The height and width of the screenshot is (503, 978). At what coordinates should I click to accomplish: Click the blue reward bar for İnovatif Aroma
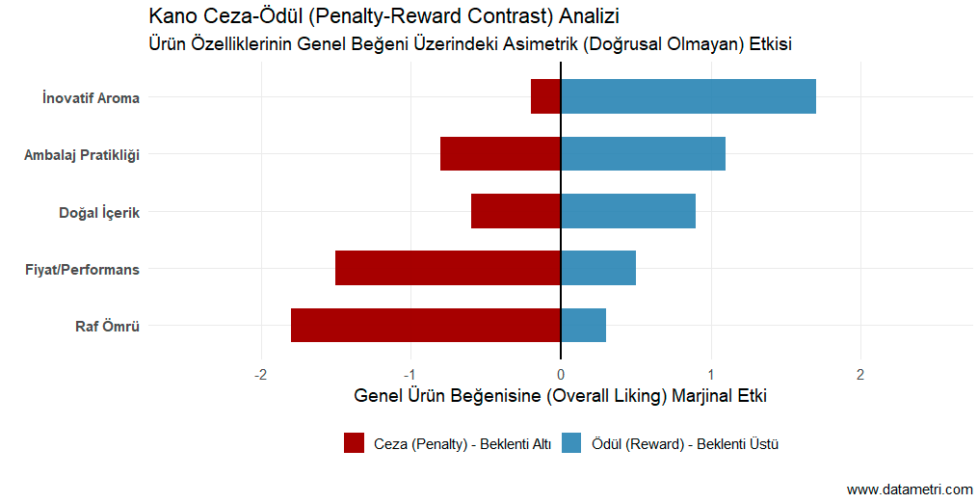[x=688, y=96]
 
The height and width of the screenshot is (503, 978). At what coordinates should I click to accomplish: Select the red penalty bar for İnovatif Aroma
[x=545, y=96]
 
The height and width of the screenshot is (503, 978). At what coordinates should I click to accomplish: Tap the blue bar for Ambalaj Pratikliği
[x=643, y=154]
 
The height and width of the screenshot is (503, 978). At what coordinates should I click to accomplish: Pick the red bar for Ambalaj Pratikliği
[x=500, y=154]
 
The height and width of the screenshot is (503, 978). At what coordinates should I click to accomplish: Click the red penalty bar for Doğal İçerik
[x=515, y=211]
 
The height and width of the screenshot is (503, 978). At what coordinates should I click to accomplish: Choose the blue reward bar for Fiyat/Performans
[x=597, y=268]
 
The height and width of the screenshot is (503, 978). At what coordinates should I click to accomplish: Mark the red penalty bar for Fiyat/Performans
[x=448, y=268]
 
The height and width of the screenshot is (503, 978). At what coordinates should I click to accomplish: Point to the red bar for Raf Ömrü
[x=425, y=326]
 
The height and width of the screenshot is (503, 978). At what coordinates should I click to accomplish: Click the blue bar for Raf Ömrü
[x=583, y=326]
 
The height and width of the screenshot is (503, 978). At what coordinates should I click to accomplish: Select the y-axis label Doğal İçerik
[x=99, y=212]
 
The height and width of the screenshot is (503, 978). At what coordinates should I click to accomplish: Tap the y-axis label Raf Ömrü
[x=107, y=327]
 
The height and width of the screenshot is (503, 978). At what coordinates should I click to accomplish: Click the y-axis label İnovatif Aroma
[x=91, y=97]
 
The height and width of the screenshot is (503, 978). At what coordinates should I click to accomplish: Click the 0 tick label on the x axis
[x=561, y=374]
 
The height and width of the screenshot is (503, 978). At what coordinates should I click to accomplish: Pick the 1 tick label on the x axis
[x=710, y=374]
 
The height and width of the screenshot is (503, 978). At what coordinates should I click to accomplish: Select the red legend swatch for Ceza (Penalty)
[x=354, y=443]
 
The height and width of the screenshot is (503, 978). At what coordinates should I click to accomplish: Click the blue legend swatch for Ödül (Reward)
[x=571, y=443]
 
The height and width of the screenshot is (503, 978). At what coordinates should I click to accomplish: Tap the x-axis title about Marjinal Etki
[x=560, y=396]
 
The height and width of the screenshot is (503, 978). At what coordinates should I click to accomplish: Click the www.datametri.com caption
[x=909, y=490]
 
